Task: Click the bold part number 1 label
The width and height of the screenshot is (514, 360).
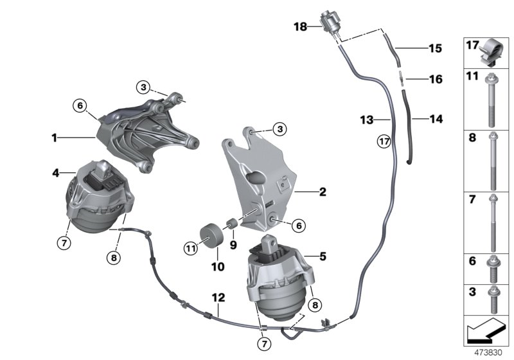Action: click(56, 137)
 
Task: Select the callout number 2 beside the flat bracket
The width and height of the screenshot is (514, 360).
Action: click(323, 192)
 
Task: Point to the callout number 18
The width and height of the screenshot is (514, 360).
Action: click(301, 27)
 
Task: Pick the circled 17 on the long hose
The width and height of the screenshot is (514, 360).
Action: click(384, 141)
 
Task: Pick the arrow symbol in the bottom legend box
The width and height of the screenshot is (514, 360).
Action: click(486, 332)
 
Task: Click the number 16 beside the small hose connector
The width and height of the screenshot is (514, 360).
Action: click(435, 80)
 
